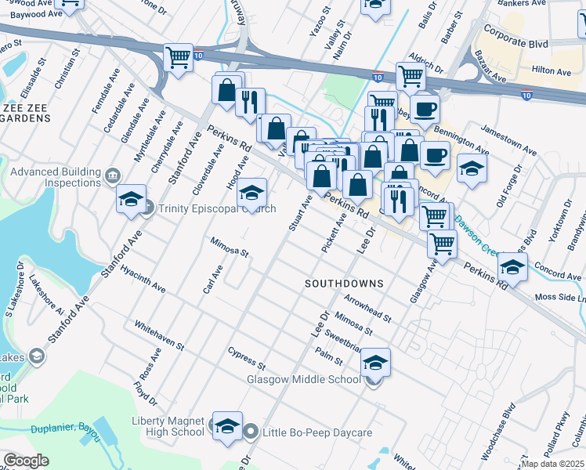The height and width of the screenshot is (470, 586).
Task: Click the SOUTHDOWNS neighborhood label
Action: tap(344, 283)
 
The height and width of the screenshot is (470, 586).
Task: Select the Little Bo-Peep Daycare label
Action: tap(315, 432)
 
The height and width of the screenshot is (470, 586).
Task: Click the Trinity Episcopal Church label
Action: tap(217, 208)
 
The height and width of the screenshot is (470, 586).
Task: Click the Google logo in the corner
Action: tap(26, 461)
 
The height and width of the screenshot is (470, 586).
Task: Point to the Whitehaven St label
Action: tap(159, 334)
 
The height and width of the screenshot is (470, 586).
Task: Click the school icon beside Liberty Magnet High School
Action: tap(227, 426)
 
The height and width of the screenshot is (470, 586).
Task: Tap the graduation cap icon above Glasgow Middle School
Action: tap(376, 362)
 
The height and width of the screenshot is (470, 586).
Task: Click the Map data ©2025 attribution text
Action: tap(553, 464)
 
